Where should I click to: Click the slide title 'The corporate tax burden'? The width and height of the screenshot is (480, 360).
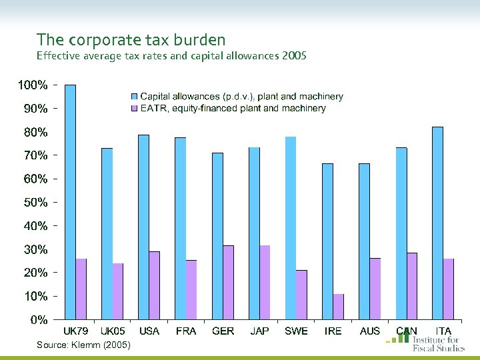131,40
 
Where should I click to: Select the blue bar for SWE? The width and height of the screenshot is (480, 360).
290,227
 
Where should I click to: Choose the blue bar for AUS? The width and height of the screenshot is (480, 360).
364,241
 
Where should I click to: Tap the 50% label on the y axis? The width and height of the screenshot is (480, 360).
32,202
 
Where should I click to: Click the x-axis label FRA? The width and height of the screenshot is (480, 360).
186,331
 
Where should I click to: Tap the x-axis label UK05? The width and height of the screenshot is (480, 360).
113,331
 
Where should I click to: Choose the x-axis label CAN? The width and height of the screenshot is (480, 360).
406,331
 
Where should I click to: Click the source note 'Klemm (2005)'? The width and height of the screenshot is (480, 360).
84,344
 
